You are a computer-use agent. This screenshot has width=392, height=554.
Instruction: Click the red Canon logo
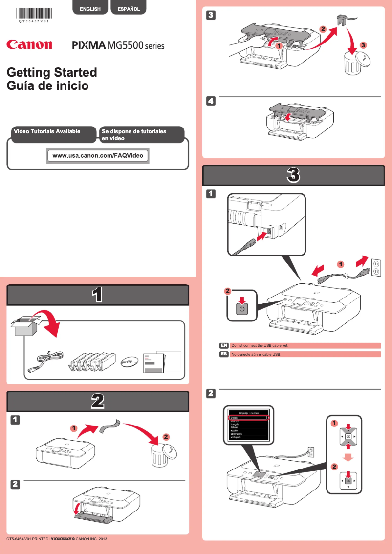29,45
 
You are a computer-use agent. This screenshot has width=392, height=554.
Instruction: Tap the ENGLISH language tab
90,9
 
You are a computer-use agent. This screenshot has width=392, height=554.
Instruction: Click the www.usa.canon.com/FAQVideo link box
98,156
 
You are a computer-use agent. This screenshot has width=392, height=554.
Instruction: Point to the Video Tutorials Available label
54,132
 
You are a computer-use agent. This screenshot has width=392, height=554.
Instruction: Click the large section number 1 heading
97,295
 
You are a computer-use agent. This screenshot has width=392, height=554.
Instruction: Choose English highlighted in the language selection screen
248,418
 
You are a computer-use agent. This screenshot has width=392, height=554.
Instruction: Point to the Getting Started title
52,72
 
